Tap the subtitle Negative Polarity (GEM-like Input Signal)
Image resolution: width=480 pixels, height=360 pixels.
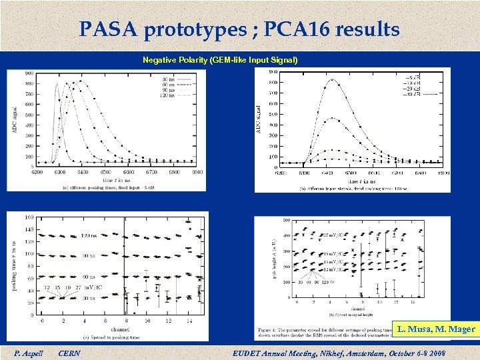click(x=220, y=60)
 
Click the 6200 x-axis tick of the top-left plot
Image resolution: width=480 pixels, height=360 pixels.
click(x=37, y=171)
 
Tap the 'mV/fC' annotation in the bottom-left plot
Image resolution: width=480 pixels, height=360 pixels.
click(x=92, y=288)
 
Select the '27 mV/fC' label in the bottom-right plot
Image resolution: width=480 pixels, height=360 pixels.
click(x=334, y=235)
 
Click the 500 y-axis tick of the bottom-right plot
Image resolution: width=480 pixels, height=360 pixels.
click(x=285, y=221)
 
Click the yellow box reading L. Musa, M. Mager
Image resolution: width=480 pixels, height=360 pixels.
click(x=435, y=329)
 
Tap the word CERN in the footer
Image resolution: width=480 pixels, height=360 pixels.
click(x=69, y=353)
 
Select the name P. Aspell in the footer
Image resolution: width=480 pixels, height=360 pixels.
click(x=27, y=353)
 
